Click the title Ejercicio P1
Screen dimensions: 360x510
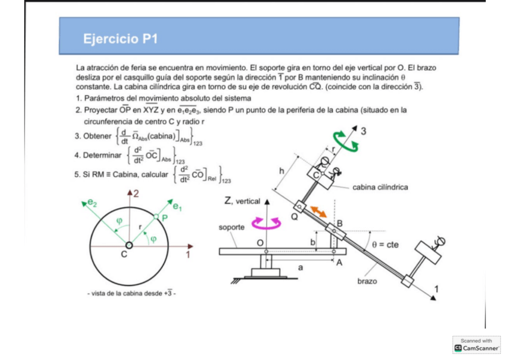120,40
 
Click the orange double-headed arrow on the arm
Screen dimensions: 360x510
319,212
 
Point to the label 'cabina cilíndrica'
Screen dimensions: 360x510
380,187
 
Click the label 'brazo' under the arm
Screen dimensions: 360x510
367,281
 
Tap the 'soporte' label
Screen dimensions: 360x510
232,228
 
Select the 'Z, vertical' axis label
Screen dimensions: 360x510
242,202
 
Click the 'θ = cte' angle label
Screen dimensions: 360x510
385,245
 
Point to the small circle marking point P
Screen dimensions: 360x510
156,216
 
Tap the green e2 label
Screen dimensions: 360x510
91,203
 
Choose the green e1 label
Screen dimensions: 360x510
177,206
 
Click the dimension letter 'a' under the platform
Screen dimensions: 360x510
300,267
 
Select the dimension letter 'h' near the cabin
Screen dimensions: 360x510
281,171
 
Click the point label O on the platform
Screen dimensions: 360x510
260,243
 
